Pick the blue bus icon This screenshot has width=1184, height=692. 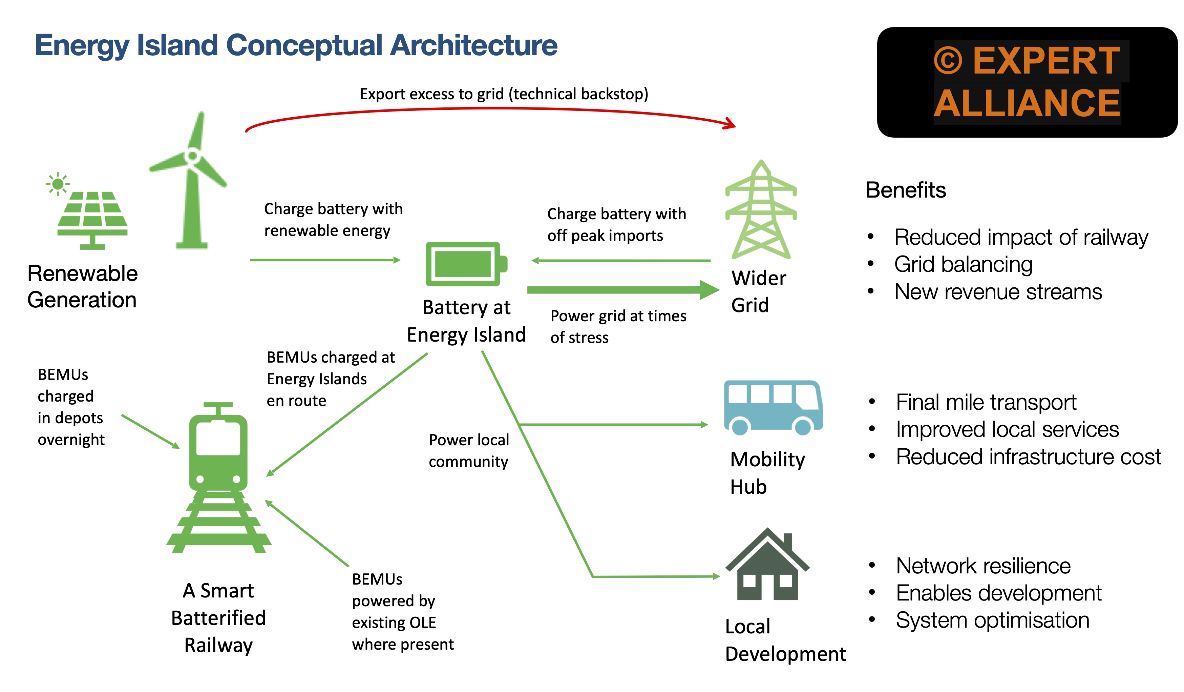(x=773, y=408)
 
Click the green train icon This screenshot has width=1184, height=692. (x=218, y=477)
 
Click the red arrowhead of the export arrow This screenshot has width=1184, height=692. (x=730, y=124)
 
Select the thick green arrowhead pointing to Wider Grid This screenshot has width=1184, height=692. (x=710, y=290)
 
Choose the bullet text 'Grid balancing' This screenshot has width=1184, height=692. (x=963, y=264)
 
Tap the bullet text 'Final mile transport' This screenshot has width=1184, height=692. (x=986, y=402)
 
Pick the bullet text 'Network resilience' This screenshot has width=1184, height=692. (x=983, y=566)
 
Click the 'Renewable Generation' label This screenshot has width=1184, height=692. (x=82, y=287)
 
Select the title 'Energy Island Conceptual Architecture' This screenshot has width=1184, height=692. (x=296, y=46)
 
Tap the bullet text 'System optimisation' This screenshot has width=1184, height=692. (x=992, y=620)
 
